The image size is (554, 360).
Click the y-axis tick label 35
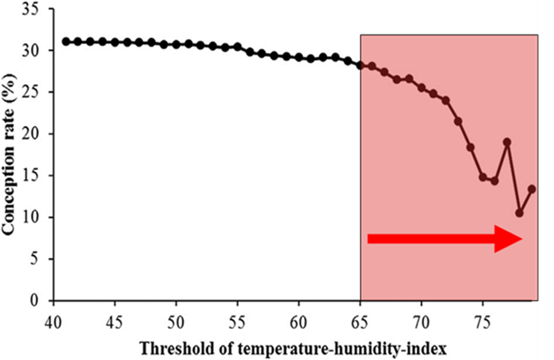point(35,10)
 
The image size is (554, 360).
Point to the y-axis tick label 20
point(35,134)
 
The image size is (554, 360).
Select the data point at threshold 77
point(507,142)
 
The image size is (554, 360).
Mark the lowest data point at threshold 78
point(519,213)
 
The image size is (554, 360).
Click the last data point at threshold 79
point(532,189)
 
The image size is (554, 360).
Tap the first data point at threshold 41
point(66,42)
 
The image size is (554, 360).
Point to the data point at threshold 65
point(360,66)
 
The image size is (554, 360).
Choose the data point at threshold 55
point(238,47)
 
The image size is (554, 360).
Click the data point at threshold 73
point(458,121)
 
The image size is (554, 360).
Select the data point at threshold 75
point(482,177)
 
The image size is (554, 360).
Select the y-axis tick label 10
point(35,217)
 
